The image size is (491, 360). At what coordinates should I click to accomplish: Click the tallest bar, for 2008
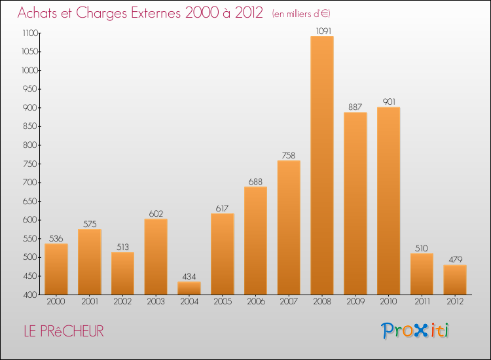(x=322, y=165)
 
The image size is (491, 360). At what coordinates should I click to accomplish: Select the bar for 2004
(x=189, y=288)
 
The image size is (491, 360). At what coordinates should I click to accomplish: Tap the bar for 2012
(x=455, y=279)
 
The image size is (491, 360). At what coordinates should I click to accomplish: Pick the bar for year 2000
(x=56, y=269)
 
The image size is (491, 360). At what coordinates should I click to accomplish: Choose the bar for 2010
(x=389, y=200)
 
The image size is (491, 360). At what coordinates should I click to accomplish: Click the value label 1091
(x=322, y=30)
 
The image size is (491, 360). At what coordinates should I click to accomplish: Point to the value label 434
(x=189, y=276)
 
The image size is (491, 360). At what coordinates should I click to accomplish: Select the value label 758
(x=289, y=154)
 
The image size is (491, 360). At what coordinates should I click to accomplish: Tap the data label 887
(x=355, y=107)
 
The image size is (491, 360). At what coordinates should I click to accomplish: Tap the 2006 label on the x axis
(x=255, y=302)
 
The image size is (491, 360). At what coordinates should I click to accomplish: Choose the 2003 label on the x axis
(x=156, y=302)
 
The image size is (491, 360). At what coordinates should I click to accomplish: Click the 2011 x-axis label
(x=422, y=302)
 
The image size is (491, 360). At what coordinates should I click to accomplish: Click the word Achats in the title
(x=40, y=13)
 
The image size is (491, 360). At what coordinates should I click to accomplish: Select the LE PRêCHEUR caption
(x=63, y=331)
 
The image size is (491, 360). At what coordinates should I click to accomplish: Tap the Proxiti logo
(x=416, y=331)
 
